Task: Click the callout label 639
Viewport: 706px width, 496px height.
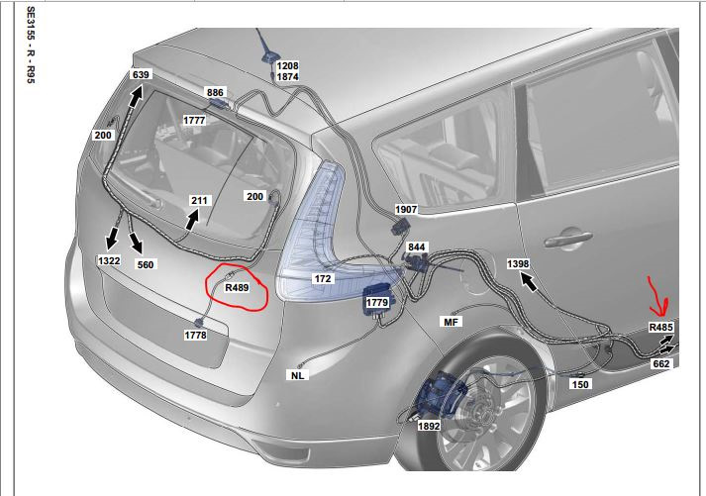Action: (141, 74)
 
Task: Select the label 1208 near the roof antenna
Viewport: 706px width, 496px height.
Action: (287, 65)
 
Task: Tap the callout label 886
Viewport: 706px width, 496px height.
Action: (215, 93)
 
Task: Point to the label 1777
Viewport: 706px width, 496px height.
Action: (194, 121)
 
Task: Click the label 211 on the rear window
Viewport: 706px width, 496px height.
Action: (199, 200)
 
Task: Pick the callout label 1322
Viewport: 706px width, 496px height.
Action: (109, 260)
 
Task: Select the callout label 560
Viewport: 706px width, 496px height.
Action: (145, 264)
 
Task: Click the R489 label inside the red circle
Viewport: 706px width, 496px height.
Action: (237, 287)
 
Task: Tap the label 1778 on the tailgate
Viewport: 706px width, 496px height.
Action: (195, 336)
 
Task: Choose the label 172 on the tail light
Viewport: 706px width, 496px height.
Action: (323, 279)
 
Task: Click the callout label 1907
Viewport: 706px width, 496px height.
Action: (406, 209)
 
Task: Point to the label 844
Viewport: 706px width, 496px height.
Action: (416, 248)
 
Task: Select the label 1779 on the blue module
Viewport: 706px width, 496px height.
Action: (377, 303)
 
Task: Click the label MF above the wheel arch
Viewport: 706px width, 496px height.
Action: (451, 322)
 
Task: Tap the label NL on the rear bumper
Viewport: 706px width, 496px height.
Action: (298, 375)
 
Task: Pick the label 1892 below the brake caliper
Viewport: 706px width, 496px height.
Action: (429, 426)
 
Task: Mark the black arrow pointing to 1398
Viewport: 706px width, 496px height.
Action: (529, 282)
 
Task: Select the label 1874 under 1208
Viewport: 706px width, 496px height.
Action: (287, 77)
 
